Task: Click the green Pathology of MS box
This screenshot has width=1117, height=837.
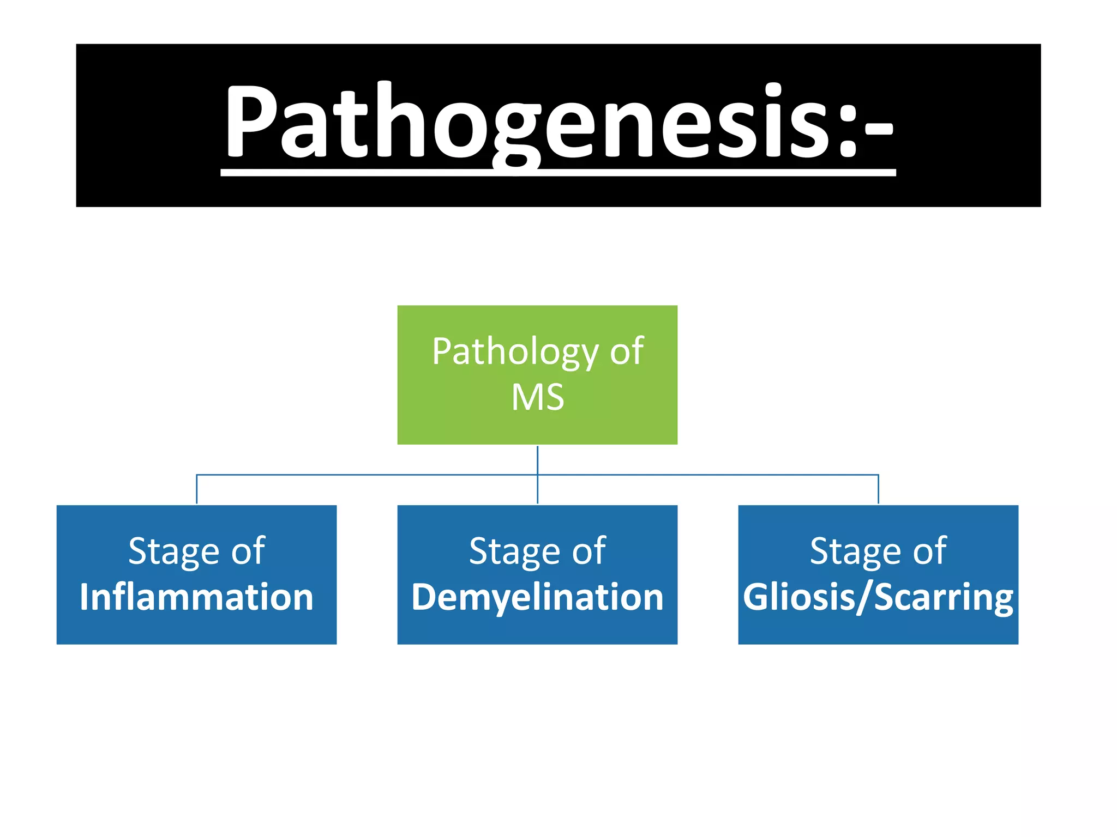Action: click(537, 425)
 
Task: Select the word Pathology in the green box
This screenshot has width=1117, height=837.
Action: click(515, 352)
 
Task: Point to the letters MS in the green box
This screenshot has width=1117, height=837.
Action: click(537, 397)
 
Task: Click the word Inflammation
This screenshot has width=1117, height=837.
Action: click(196, 597)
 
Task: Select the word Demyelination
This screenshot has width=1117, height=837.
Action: click(537, 597)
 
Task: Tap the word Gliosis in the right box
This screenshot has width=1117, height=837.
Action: click(800, 597)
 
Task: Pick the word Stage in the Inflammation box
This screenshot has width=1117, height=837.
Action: click(173, 551)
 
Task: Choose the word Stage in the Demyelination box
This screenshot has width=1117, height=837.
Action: click(514, 551)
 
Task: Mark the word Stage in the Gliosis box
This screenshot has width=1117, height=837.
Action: click(855, 551)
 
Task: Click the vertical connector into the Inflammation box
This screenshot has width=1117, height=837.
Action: click(196, 489)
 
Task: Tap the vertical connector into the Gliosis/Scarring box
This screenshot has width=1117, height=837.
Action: click(878, 489)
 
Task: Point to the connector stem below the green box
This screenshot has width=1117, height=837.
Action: click(537, 460)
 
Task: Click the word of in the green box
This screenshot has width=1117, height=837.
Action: click(627, 352)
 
